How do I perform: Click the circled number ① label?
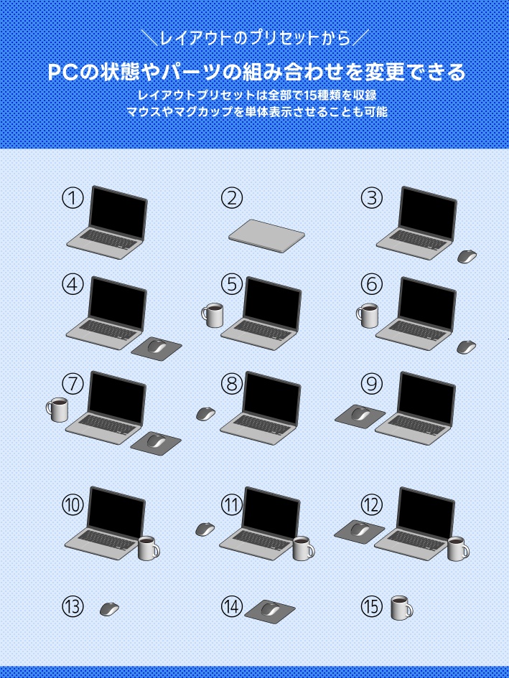point(73,198)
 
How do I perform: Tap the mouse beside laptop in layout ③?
point(467,256)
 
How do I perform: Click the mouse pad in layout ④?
point(159,346)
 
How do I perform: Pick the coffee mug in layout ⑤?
point(213,315)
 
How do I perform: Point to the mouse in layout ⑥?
point(467,347)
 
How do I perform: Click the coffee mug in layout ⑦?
point(57,409)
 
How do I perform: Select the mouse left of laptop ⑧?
point(206,414)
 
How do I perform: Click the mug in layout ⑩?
point(148,548)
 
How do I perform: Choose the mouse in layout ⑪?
point(205,529)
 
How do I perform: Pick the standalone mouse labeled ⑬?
point(109,608)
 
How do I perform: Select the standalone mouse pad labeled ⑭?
point(270,610)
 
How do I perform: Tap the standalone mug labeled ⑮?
point(401,608)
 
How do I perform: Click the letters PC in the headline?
point(63,72)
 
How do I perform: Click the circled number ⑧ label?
point(232,384)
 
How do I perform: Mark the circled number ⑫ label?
point(371,505)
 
